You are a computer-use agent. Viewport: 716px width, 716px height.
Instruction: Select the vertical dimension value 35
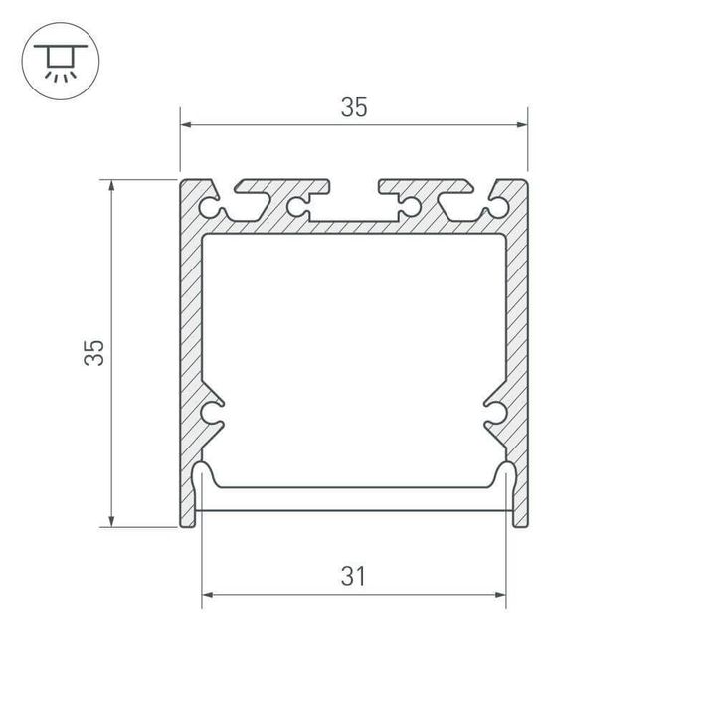[x=93, y=353]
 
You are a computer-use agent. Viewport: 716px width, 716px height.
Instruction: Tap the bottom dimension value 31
[x=354, y=576]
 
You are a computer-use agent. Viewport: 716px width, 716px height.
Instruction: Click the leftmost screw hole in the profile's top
[x=210, y=208]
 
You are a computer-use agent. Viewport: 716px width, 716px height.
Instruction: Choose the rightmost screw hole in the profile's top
[x=496, y=208]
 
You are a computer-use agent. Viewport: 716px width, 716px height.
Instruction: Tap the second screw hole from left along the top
[x=295, y=208]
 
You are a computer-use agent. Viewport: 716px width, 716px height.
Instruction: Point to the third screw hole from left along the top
[x=407, y=208]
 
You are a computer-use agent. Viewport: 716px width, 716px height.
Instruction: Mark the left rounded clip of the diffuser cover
[x=202, y=475]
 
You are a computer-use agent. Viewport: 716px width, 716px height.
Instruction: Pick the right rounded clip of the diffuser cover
[x=506, y=475]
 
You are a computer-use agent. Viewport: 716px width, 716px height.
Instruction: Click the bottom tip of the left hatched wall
[x=189, y=523]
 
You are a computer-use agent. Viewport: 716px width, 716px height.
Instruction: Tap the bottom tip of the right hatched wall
[x=519, y=523]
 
